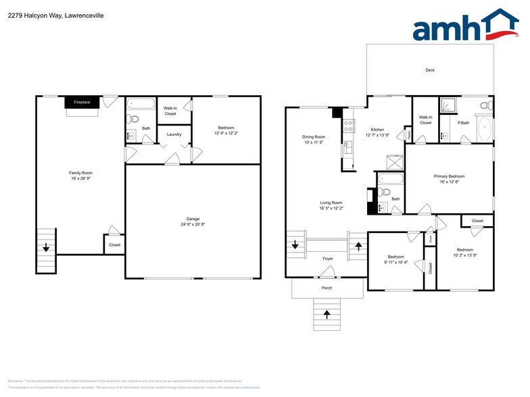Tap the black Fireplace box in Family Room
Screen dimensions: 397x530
tap(82, 103)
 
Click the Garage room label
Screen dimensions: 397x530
tap(193, 219)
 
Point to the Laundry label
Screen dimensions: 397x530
tap(174, 134)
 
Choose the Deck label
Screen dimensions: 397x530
tap(429, 70)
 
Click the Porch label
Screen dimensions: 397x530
tap(327, 288)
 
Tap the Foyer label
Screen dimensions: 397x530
tap(327, 259)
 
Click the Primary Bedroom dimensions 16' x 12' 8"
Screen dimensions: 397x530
tap(449, 182)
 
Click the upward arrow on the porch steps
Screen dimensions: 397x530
tap(327, 315)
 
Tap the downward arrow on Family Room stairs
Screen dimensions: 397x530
tap(46, 248)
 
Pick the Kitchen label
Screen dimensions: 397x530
tap(377, 129)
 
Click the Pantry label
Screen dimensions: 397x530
tap(409, 134)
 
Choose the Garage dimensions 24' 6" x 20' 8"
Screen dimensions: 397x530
tap(193, 224)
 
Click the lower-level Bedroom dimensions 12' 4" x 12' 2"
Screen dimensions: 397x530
tap(226, 133)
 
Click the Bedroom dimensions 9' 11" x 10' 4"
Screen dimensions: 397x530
tap(395, 262)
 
